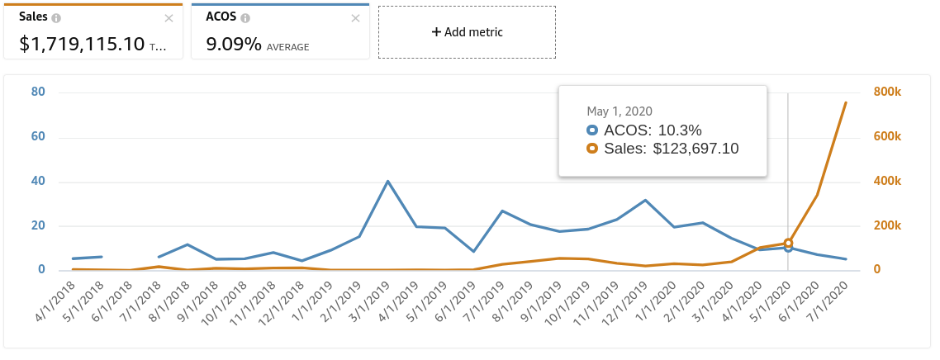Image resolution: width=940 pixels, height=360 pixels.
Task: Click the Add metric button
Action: [x=467, y=32]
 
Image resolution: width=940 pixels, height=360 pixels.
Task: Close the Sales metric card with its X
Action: [x=169, y=17]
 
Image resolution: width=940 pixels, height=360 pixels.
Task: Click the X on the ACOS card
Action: [x=356, y=17]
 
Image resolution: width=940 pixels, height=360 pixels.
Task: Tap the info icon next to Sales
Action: [x=56, y=17]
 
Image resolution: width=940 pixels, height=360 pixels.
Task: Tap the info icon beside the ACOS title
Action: [x=245, y=17]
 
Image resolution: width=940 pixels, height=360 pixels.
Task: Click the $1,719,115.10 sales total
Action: [x=83, y=44]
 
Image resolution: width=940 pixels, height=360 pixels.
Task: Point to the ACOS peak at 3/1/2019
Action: [x=388, y=181]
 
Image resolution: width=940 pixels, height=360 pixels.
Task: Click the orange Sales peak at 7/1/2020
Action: [x=845, y=102]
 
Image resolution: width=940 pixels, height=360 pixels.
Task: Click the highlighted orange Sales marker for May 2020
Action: [x=788, y=243]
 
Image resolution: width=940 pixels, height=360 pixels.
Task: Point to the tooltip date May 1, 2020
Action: [x=620, y=111]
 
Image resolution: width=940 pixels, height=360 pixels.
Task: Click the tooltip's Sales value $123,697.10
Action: [x=696, y=149]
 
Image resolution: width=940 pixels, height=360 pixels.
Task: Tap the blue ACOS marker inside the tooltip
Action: [x=591, y=130]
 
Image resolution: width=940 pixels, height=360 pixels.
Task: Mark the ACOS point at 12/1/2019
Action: [x=645, y=200]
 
